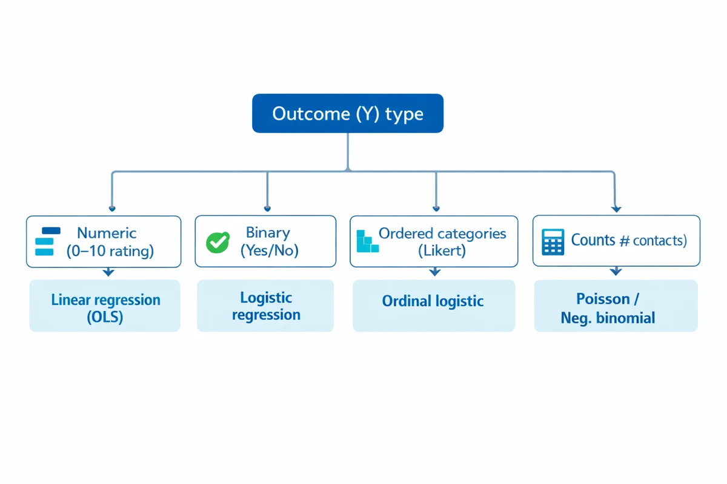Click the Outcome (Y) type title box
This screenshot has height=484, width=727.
(x=347, y=113)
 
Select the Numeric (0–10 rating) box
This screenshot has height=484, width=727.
(x=104, y=241)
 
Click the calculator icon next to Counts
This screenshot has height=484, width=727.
(x=552, y=242)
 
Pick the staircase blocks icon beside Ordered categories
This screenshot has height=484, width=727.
(x=367, y=241)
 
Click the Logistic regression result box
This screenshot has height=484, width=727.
(x=265, y=306)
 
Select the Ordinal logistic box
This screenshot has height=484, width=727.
(x=433, y=301)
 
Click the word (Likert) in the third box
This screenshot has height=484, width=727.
(x=442, y=250)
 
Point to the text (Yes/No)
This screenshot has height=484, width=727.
(x=270, y=250)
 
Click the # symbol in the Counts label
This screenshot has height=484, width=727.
(x=625, y=241)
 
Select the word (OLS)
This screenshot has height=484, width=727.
(x=105, y=317)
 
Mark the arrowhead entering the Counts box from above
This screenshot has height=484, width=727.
(x=616, y=209)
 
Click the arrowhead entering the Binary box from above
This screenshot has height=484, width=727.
(x=267, y=208)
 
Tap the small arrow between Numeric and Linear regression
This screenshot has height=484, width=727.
(x=108, y=273)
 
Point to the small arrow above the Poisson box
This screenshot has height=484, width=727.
(x=616, y=272)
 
